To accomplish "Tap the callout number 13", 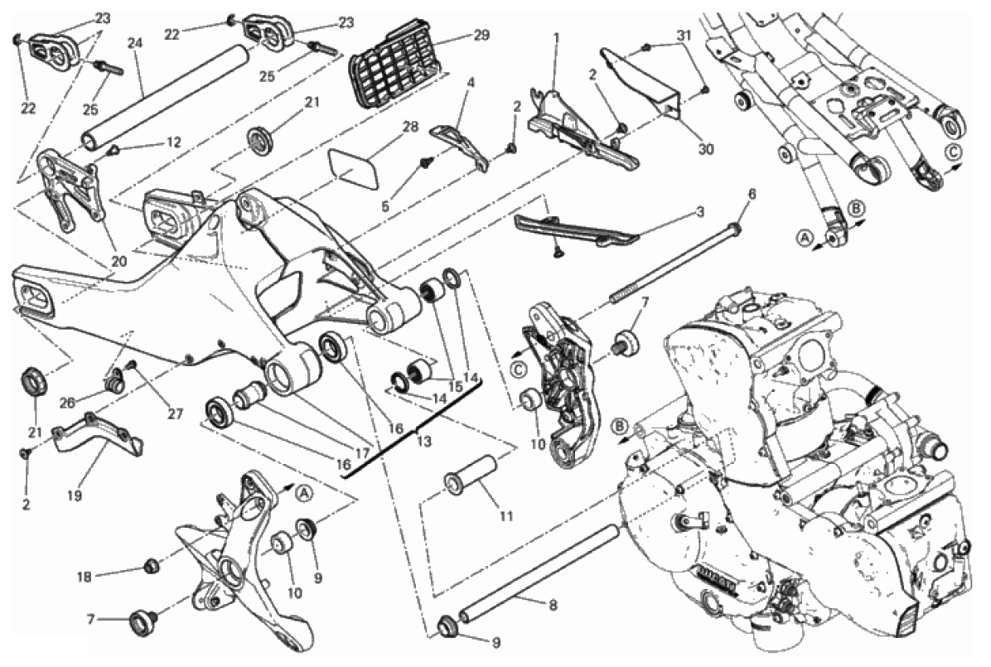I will pyautogui.click(x=424, y=442).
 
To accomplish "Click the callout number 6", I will pyautogui.click(x=752, y=194).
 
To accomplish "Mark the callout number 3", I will pyautogui.click(x=699, y=212).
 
